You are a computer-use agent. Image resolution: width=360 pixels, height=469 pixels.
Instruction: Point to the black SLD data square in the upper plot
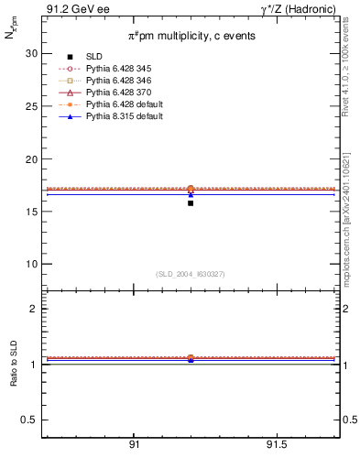(x=191, y=202)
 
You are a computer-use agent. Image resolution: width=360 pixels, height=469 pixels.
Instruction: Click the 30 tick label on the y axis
(x=31, y=53)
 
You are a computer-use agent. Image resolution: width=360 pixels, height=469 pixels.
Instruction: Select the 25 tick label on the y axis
(x=31, y=106)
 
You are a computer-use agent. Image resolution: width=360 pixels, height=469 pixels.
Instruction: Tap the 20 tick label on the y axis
(x=31, y=159)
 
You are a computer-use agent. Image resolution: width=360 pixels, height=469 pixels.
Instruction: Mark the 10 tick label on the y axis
(x=31, y=265)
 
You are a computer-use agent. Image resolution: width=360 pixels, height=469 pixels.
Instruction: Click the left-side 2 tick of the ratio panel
(x=33, y=309)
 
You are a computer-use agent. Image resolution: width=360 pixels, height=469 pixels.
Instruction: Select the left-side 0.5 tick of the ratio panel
(x=29, y=420)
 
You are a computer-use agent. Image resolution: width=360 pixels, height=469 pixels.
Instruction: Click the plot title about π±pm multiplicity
(x=191, y=35)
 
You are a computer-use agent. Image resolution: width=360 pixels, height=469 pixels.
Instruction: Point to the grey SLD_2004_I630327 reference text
(x=191, y=274)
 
